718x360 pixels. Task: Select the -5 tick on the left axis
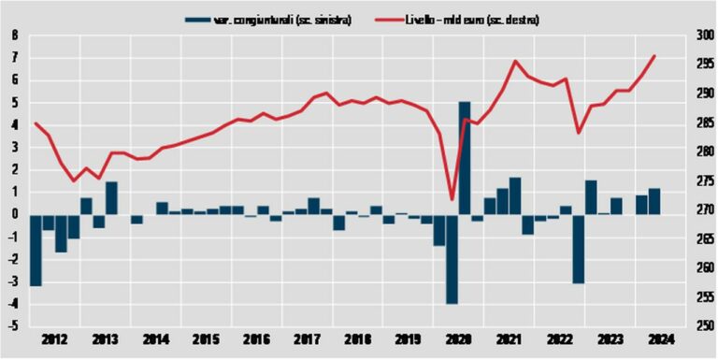pos(12,326)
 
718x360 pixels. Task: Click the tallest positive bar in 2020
pos(465,157)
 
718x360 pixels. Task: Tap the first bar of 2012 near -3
pos(36,250)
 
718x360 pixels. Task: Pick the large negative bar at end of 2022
pos(579,248)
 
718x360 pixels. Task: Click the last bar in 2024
pos(654,201)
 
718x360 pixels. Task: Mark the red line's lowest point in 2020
pos(452,199)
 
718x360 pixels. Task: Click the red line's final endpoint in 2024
pos(654,56)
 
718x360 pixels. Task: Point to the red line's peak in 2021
pos(515,61)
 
